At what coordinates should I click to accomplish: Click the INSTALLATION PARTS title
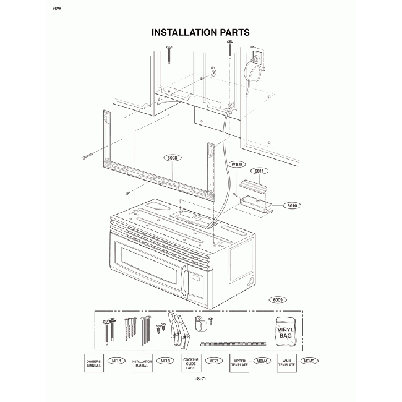200,32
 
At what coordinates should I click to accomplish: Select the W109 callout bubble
236,165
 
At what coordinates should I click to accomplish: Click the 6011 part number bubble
259,171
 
